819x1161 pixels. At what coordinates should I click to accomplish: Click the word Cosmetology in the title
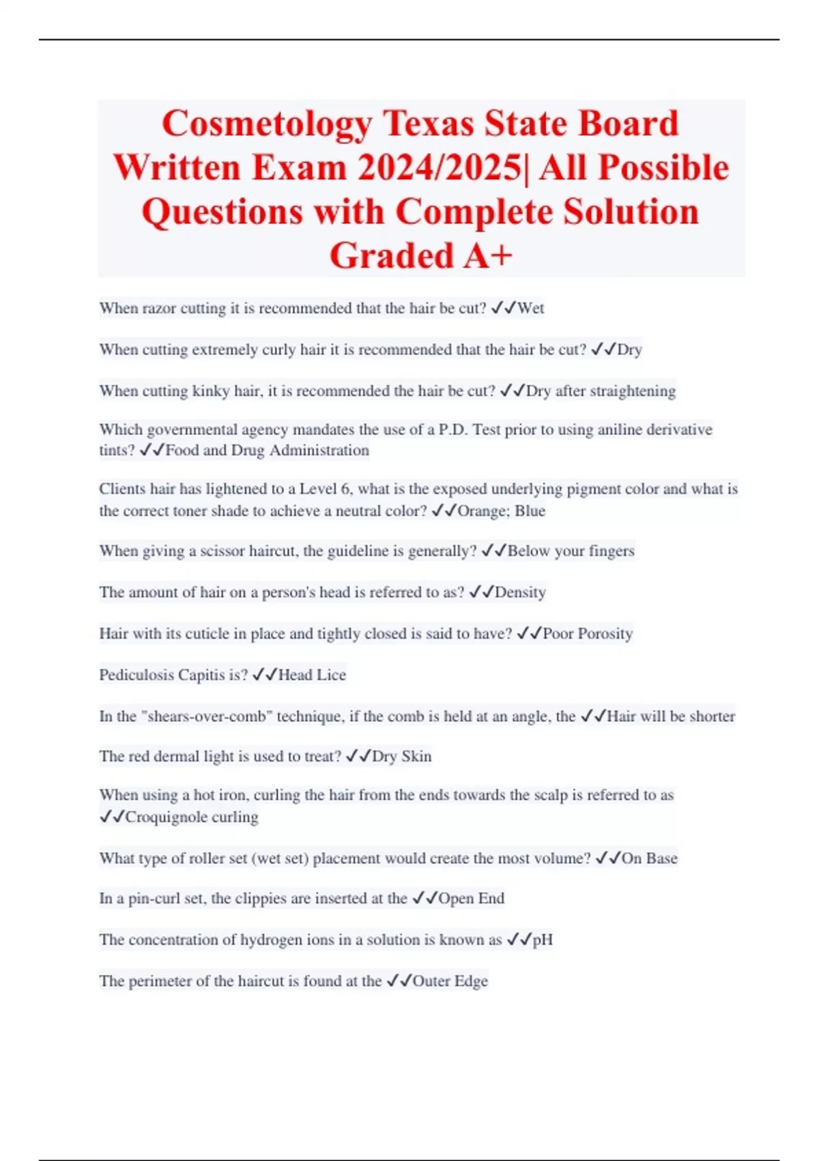pyautogui.click(x=267, y=124)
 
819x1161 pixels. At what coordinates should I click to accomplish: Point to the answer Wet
pyautogui.click(x=530, y=309)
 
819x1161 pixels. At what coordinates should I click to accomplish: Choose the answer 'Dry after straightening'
pyautogui.click(x=601, y=391)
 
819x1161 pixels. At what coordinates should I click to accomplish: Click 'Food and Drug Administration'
pyautogui.click(x=267, y=451)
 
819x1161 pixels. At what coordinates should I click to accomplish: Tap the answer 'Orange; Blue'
pyautogui.click(x=501, y=511)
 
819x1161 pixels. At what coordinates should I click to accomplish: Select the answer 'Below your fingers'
pyautogui.click(x=571, y=551)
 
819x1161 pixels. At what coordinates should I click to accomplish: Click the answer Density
pyautogui.click(x=520, y=593)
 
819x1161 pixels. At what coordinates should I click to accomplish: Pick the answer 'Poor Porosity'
pyautogui.click(x=588, y=634)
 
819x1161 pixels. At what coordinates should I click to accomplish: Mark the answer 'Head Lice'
pyautogui.click(x=312, y=675)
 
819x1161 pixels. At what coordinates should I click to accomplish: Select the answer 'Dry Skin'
pyautogui.click(x=401, y=757)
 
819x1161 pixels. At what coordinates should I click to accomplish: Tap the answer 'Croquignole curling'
pyautogui.click(x=192, y=817)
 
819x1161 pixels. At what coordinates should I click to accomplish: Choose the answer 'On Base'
pyautogui.click(x=649, y=858)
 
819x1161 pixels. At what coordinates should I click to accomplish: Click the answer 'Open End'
pyautogui.click(x=471, y=899)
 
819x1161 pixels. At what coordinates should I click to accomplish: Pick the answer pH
pyautogui.click(x=543, y=940)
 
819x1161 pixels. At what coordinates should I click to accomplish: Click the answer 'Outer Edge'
pyautogui.click(x=450, y=981)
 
